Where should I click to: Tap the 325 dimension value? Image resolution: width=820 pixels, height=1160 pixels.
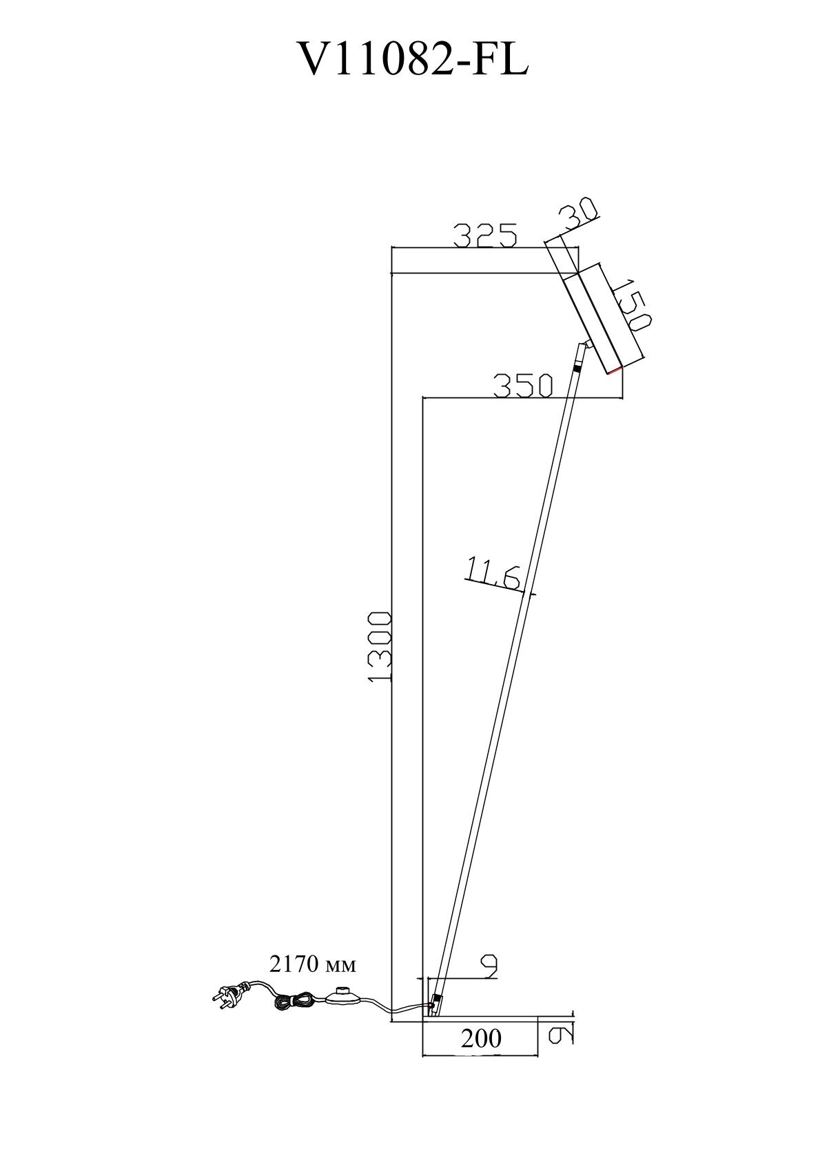(x=485, y=236)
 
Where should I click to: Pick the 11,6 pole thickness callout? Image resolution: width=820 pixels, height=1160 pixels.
(x=493, y=574)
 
